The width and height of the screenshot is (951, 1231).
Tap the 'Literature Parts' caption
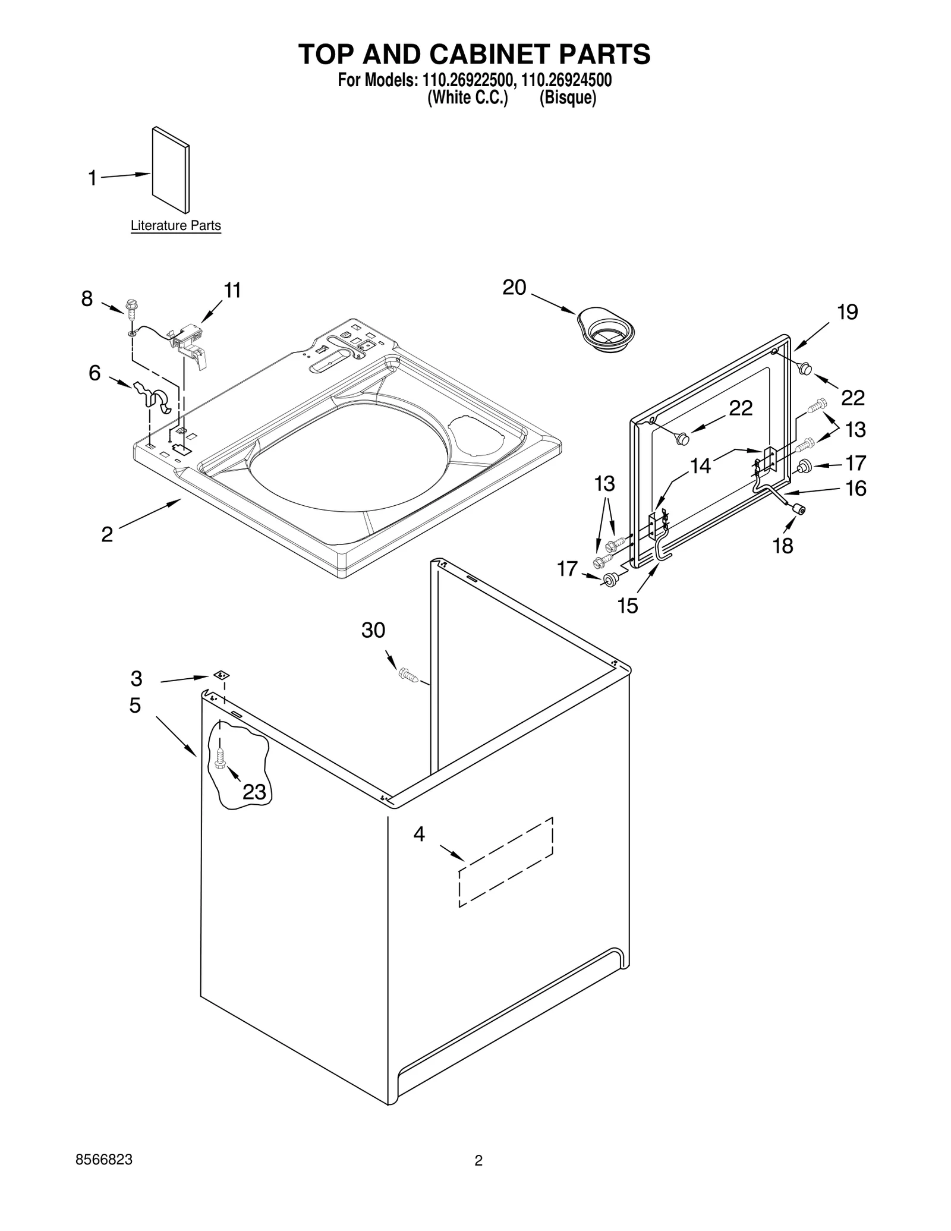[x=175, y=226]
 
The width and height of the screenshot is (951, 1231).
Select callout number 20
[x=514, y=288]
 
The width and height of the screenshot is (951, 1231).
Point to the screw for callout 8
[x=130, y=309]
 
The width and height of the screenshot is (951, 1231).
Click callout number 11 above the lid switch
[x=232, y=291]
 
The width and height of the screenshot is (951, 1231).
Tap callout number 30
[x=373, y=630]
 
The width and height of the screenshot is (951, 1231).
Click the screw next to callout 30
[x=407, y=675]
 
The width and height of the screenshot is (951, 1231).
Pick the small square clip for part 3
[x=221, y=675]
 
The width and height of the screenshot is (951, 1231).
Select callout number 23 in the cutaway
[x=254, y=792]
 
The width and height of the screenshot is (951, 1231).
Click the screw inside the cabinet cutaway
[x=220, y=758]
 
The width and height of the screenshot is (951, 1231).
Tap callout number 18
[x=782, y=546]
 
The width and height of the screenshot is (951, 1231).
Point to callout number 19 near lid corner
[x=848, y=312]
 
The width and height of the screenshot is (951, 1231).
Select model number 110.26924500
[x=566, y=80]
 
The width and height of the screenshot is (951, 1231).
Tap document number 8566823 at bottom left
[x=104, y=1160]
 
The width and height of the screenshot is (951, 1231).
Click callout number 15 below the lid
[x=628, y=606]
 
